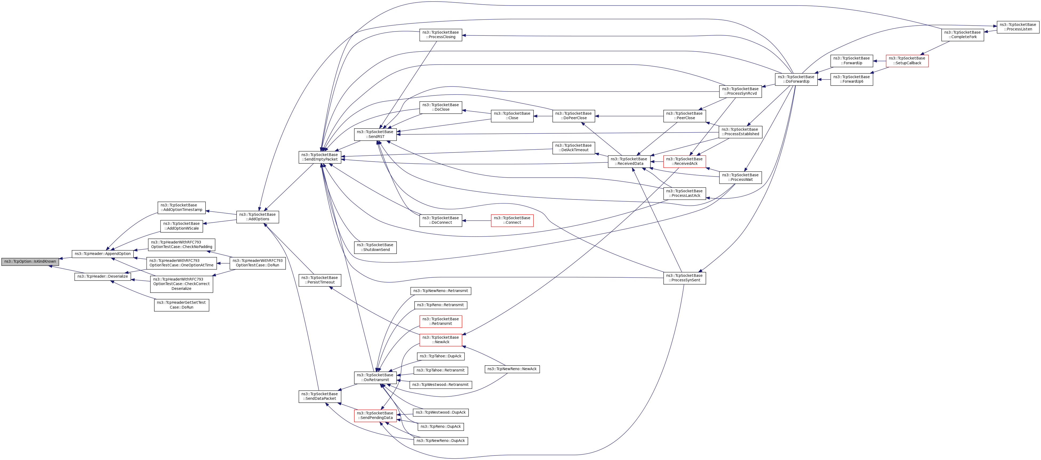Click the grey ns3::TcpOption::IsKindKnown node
pos(30,262)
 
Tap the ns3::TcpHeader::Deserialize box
pos(103,277)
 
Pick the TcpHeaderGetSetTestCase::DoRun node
pos(181,305)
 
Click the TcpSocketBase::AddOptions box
pos(257,217)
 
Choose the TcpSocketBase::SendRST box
pos(375,134)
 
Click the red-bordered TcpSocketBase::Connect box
pos(512,220)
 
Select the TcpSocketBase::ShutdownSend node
pos(375,247)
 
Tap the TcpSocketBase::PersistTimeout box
pos(320,280)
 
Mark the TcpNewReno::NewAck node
pos(512,369)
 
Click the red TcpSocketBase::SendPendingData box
pos(375,415)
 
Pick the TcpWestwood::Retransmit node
pos(441,385)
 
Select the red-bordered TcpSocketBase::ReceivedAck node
pos(684,161)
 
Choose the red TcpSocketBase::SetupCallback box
pos(907,61)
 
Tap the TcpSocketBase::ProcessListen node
pos(1018,27)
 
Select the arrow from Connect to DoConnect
pos(477,221)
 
